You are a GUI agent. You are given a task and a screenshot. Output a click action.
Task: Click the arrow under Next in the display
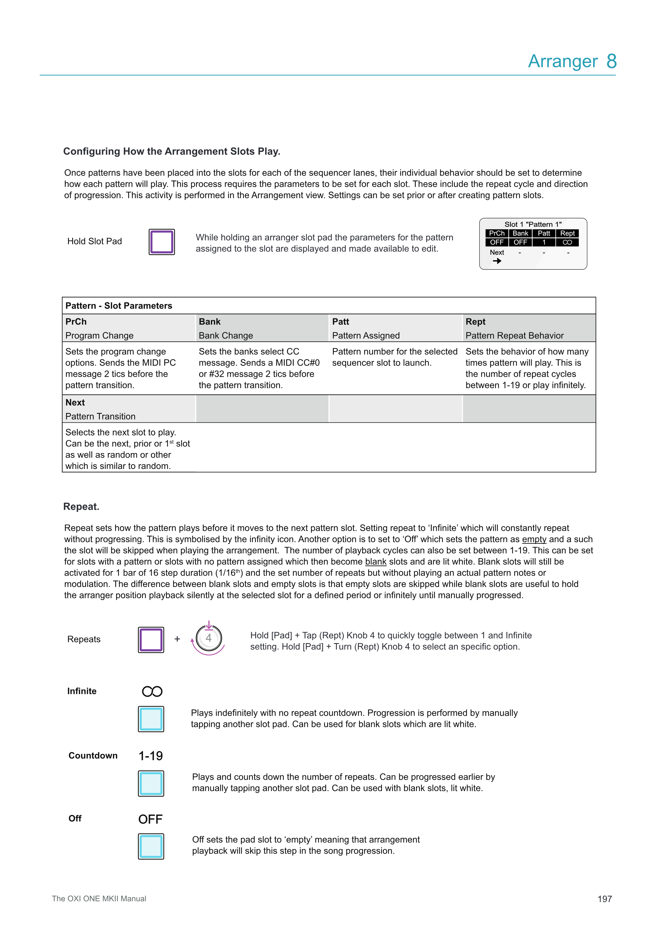point(497,261)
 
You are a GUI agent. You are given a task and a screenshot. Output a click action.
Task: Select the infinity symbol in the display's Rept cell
point(567,242)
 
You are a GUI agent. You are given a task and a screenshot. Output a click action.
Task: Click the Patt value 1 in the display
point(544,242)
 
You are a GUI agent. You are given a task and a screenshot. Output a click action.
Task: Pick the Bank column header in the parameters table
point(210,322)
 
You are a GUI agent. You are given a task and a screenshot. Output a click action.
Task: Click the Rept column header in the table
point(475,322)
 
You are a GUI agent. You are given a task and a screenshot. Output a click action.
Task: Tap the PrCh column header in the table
point(76,322)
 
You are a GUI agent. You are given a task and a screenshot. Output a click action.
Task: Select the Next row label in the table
point(75,403)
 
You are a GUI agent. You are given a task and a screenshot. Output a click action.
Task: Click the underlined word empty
point(534,539)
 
